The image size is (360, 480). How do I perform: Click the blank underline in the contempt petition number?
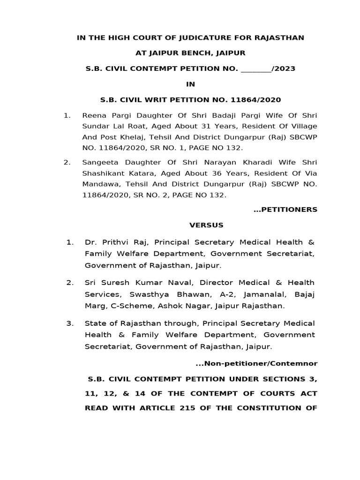[x=255, y=69]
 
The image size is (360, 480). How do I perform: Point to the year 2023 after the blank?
[x=284, y=68]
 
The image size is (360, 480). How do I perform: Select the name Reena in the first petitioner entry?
[x=93, y=115]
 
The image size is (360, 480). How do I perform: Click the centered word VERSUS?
[x=206, y=225]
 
